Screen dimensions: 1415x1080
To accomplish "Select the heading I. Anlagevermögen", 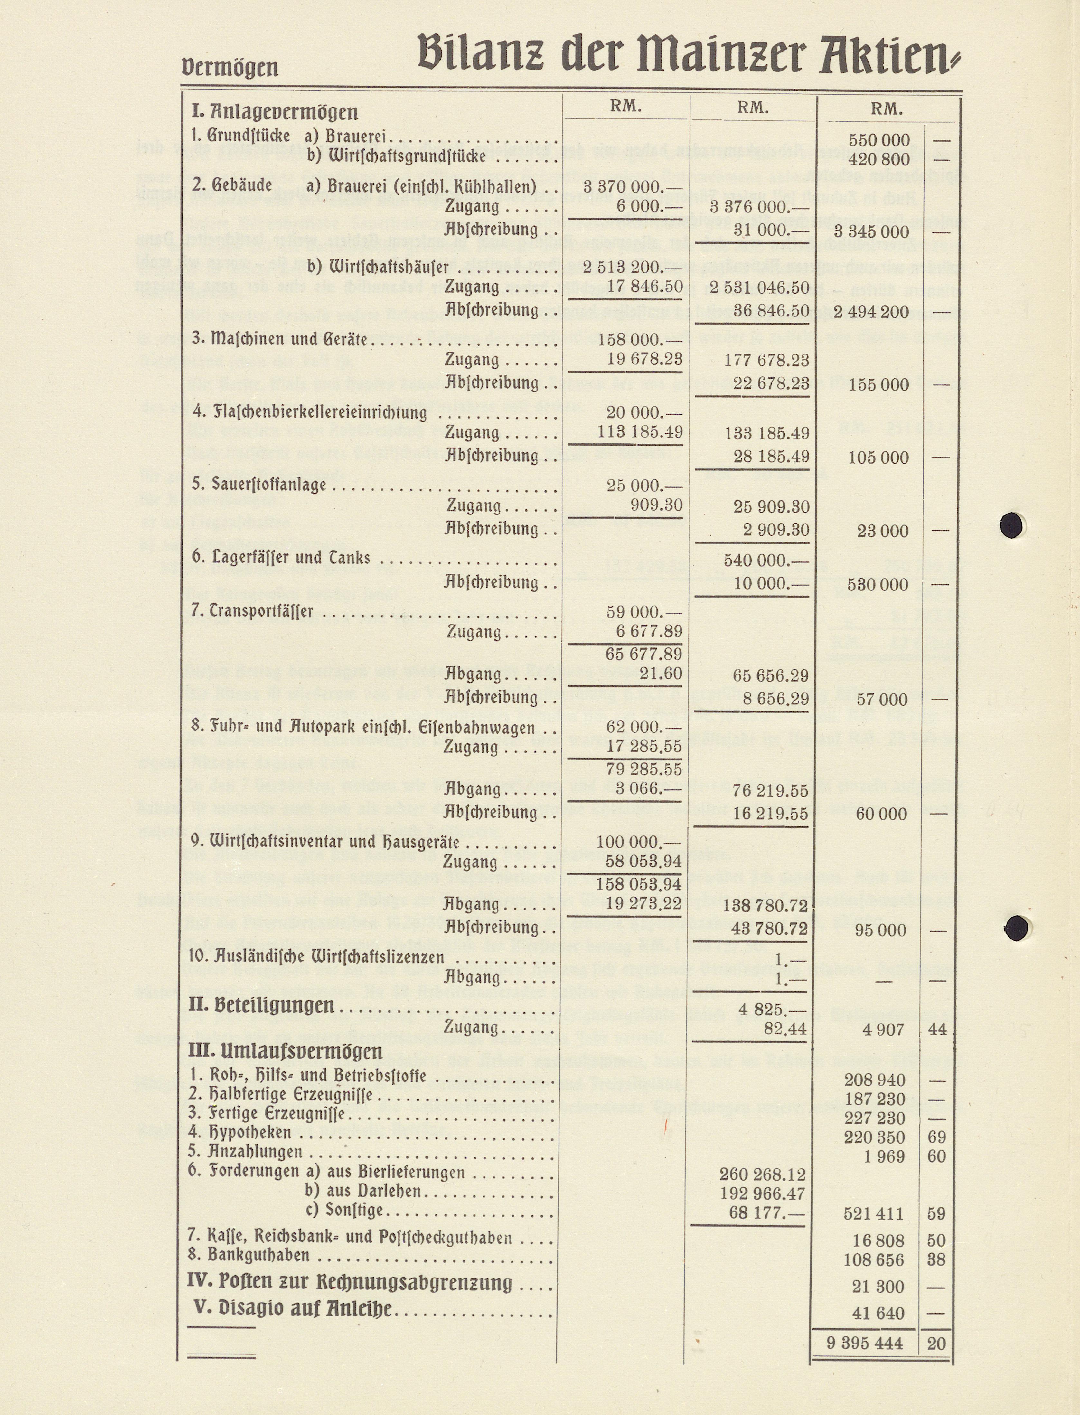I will point(275,112).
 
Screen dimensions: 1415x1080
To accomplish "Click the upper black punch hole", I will point(1012,524).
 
